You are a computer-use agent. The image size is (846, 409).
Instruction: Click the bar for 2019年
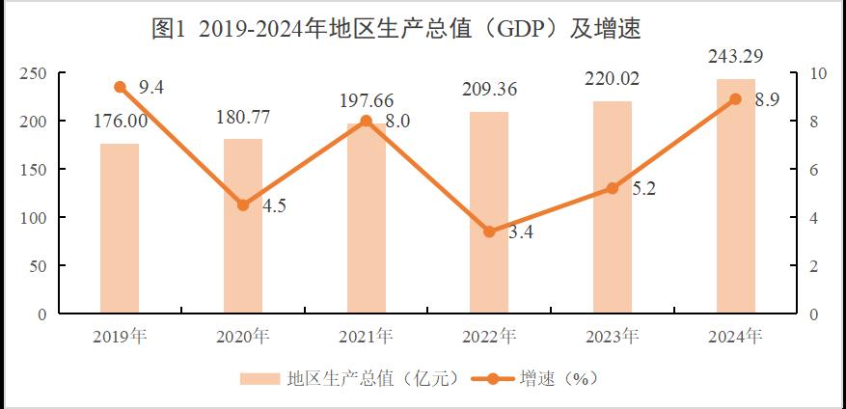point(120,229)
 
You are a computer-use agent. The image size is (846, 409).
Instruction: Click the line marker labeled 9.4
point(120,87)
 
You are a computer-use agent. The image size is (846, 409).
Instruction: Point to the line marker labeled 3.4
point(489,232)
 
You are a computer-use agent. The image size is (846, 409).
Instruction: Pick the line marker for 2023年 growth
point(613,188)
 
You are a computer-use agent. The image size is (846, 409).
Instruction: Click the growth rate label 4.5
point(273,205)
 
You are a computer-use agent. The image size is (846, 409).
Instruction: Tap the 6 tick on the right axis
point(815,170)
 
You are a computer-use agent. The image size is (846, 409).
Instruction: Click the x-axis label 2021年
point(366,337)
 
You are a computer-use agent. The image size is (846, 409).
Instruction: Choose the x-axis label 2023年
point(612,337)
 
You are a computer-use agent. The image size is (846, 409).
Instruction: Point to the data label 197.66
point(367,100)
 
